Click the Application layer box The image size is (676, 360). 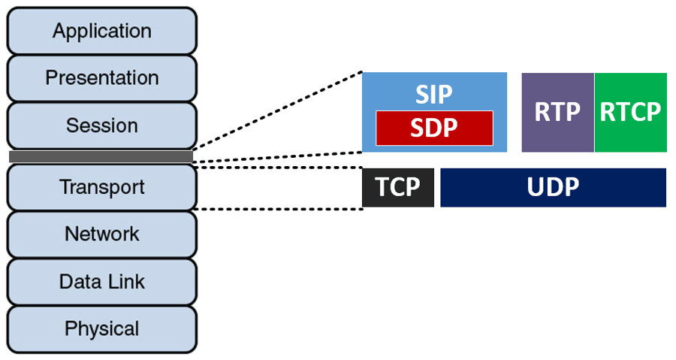(x=101, y=32)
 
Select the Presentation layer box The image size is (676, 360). (x=101, y=78)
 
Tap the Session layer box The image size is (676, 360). (x=101, y=126)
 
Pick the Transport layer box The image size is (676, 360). (x=101, y=187)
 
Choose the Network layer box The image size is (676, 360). (x=101, y=234)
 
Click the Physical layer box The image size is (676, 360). (x=101, y=328)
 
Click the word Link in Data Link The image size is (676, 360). (x=125, y=282)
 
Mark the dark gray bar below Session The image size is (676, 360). (x=101, y=156)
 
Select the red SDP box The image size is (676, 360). (x=434, y=128)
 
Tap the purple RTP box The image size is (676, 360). (x=557, y=112)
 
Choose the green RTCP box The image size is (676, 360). (x=630, y=112)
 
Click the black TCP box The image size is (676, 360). (x=397, y=187)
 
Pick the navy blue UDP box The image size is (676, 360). (x=553, y=187)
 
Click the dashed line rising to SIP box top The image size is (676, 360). (x=278, y=112)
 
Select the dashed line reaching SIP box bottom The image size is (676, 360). (x=278, y=156)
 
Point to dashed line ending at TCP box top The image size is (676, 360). (x=278, y=168)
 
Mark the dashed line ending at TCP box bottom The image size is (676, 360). (x=278, y=209)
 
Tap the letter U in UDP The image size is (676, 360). (x=534, y=187)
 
